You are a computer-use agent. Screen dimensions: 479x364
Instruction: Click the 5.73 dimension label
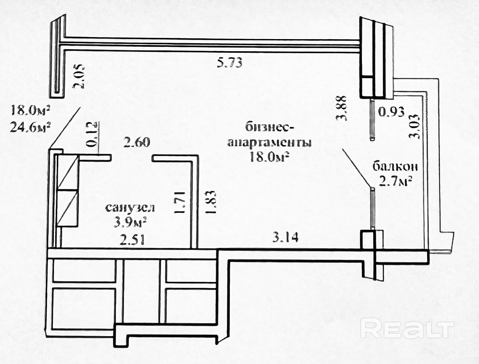pyautogui.click(x=229, y=63)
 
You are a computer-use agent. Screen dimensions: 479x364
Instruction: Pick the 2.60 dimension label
pyautogui.click(x=137, y=143)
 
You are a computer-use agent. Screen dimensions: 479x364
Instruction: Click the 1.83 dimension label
pyautogui.click(x=211, y=202)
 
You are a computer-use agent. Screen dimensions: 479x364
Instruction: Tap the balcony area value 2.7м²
pyautogui.click(x=396, y=182)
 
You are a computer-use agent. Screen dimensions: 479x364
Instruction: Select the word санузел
pyautogui.click(x=130, y=208)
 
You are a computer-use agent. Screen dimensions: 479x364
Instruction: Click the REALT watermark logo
pyautogui.click(x=407, y=328)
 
